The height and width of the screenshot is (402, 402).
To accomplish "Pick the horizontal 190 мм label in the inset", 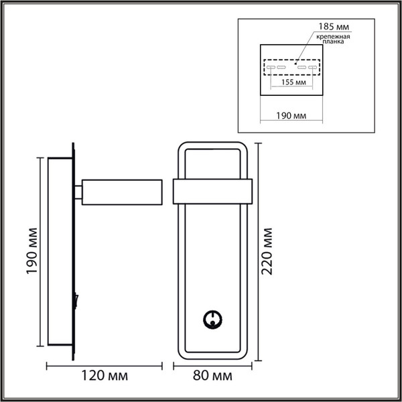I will pos(291,116).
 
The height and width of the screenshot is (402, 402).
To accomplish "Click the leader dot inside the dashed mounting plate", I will pos(294,63).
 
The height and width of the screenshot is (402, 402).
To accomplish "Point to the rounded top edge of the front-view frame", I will pos(212,143).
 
